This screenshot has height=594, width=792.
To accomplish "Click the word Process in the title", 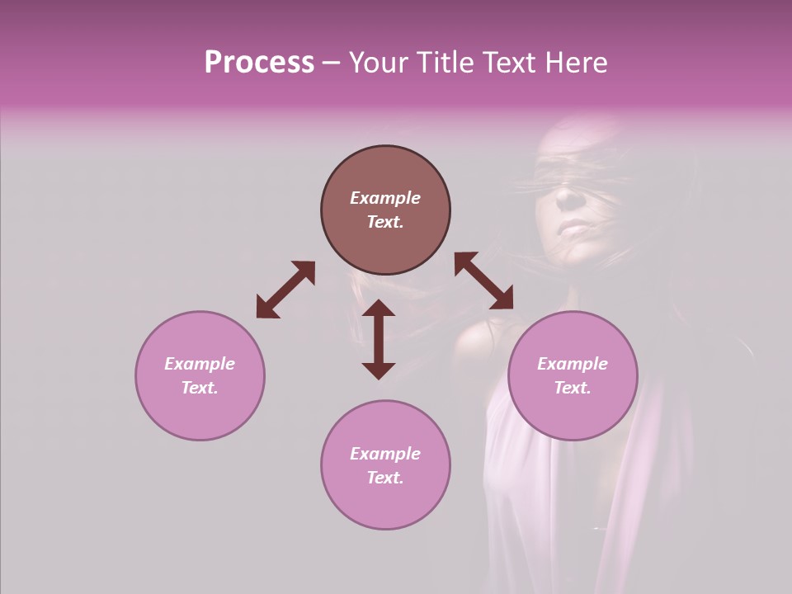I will click(259, 63).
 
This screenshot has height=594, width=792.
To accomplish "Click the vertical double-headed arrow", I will click(379, 339).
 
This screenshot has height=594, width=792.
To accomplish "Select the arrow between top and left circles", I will click(285, 290).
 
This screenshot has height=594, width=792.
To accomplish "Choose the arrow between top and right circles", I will click(483, 280).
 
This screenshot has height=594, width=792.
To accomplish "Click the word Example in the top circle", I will click(385, 198).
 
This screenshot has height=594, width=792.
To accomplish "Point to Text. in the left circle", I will click(200, 388).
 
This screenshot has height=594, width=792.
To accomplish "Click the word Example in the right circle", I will click(573, 364).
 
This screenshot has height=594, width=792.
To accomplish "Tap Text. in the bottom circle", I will click(385, 478).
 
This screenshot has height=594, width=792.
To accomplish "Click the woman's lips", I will click(570, 229).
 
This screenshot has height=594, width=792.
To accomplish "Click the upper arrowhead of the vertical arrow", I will click(379, 309).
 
